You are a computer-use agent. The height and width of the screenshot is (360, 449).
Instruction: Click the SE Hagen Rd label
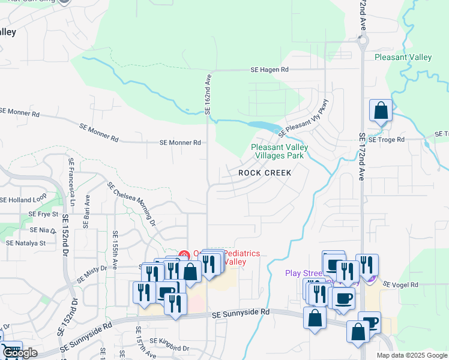270,70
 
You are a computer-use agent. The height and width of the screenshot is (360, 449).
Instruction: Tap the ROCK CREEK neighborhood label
265,173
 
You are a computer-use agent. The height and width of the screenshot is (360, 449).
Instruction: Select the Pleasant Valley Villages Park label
279,151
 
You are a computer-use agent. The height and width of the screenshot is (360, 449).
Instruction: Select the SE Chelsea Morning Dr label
131,203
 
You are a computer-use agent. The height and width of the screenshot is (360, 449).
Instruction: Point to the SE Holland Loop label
23,200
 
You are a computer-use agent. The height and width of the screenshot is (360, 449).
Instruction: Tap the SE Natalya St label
26,243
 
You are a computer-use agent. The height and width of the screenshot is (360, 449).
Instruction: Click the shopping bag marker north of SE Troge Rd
381,111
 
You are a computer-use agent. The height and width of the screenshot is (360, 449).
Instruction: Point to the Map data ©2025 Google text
411,355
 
